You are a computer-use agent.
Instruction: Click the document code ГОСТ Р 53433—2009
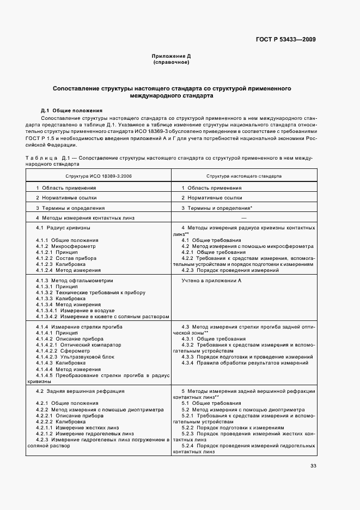(285, 39)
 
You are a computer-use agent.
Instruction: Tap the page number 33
(313, 465)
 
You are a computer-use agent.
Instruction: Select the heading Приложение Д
(171, 56)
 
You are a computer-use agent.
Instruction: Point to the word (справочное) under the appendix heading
(171, 63)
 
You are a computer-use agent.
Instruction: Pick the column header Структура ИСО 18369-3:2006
(99, 177)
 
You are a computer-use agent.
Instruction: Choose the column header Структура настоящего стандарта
(243, 177)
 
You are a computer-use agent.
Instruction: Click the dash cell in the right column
(243, 217)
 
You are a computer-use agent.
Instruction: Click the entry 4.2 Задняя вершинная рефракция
(80, 391)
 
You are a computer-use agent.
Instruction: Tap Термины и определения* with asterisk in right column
(217, 208)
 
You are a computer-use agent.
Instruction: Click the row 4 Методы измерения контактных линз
(85, 217)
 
